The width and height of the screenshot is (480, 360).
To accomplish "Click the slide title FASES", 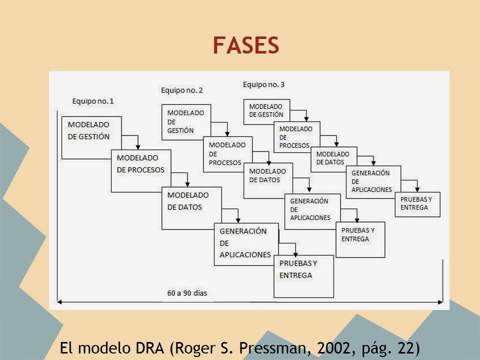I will [245, 45].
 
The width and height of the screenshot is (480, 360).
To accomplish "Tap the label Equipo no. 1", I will [93, 101].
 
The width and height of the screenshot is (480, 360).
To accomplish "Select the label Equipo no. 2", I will [182, 90].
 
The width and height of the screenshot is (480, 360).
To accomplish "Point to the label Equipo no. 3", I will [263, 84].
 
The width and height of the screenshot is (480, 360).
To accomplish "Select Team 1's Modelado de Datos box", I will [188, 201].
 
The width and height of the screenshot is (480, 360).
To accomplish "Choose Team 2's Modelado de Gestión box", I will [185, 121].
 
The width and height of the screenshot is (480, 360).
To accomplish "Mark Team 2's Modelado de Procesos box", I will [227, 153].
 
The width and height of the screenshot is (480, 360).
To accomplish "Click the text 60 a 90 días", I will [187, 293].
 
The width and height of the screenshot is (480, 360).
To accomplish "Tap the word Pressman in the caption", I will [270, 348].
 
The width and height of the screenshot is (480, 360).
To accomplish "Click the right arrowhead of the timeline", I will [440, 301].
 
